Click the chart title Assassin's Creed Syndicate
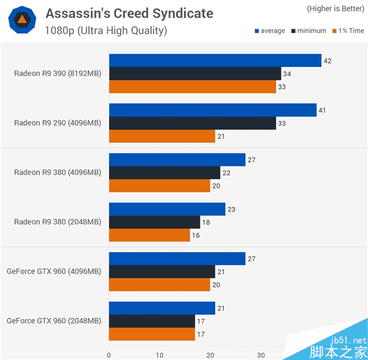tap(129, 13)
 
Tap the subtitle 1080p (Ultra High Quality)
tap(105, 31)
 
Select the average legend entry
tap(269, 31)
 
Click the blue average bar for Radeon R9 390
tap(215, 61)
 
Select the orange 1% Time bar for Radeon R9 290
tap(162, 137)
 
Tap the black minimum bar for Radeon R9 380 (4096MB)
tap(164, 173)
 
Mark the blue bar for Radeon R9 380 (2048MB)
tap(167, 209)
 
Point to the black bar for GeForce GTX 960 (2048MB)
tap(152, 321)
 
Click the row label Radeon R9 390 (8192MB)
tap(58, 74)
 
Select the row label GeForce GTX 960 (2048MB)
tap(54, 321)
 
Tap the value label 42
tap(328, 61)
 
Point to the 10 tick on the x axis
tap(159, 354)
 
